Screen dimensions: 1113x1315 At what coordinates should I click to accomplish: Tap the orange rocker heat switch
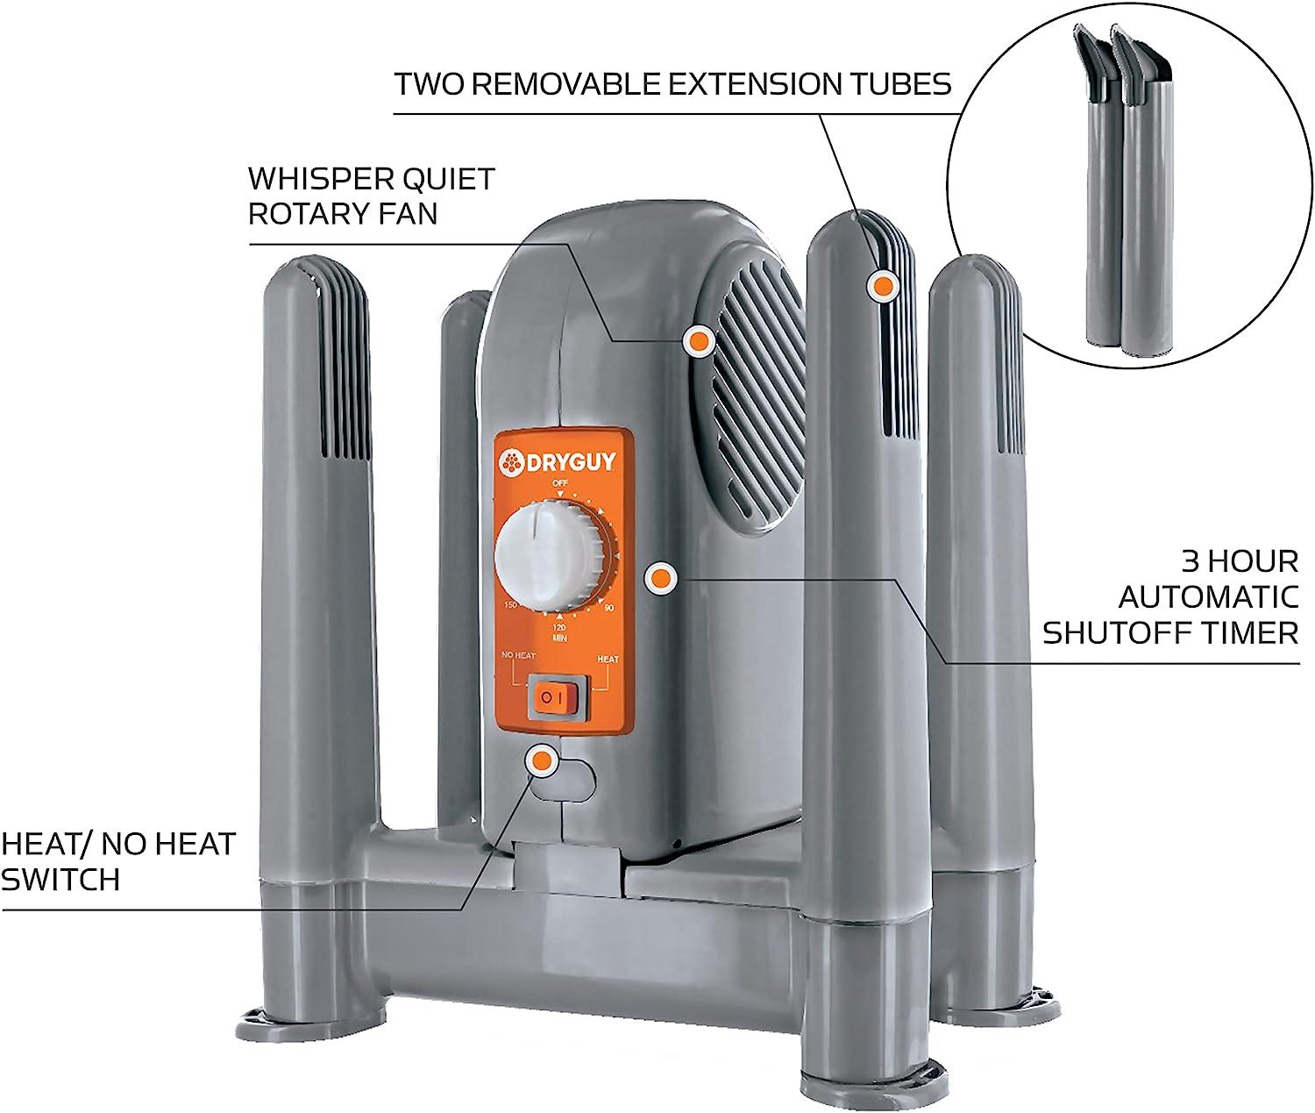pyautogui.click(x=554, y=698)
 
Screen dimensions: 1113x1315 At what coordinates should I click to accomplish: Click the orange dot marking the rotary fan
pyautogui.click(x=698, y=340)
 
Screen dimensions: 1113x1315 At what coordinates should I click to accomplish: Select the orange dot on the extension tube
pyautogui.click(x=881, y=285)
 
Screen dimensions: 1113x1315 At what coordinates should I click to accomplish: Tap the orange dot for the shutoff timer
pyautogui.click(x=660, y=578)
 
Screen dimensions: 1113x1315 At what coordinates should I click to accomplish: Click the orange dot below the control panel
pyautogui.click(x=543, y=760)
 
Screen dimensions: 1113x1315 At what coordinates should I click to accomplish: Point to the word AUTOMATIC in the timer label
pyautogui.click(x=1208, y=596)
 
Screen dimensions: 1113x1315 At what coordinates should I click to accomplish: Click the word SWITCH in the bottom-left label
pyautogui.click(x=60, y=880)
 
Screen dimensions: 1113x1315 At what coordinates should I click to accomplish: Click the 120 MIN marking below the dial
pyautogui.click(x=558, y=632)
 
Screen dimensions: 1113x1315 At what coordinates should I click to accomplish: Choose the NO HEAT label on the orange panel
pyautogui.click(x=518, y=655)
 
